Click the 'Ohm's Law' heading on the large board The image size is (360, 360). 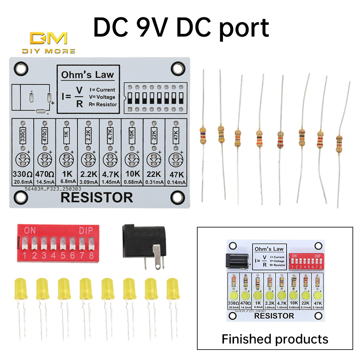(87, 75)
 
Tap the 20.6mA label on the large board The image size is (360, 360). (23, 183)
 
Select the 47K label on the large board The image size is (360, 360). (176, 175)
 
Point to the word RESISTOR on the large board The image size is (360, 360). (96, 198)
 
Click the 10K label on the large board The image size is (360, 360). (132, 175)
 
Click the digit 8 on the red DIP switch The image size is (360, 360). (91, 256)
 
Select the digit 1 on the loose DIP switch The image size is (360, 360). (25, 256)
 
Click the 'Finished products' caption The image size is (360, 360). (275, 339)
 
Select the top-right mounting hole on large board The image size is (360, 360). (177, 67)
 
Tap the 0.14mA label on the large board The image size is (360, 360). (176, 183)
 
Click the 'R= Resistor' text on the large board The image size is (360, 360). (103, 104)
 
